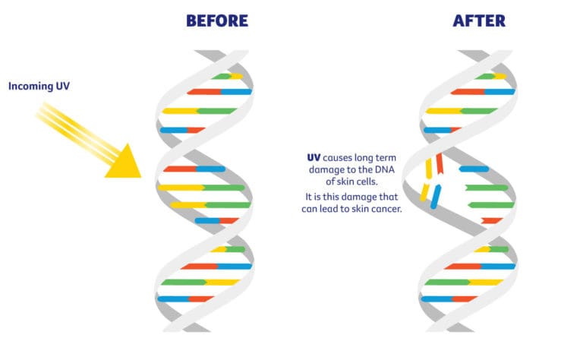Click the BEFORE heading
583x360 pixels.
[x=216, y=21]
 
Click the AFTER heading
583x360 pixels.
[x=480, y=21]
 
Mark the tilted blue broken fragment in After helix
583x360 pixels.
[x=435, y=196]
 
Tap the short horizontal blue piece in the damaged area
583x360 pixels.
[x=474, y=169]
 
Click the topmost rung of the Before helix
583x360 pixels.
[x=227, y=76]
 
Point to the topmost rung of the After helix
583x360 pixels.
[x=490, y=76]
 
